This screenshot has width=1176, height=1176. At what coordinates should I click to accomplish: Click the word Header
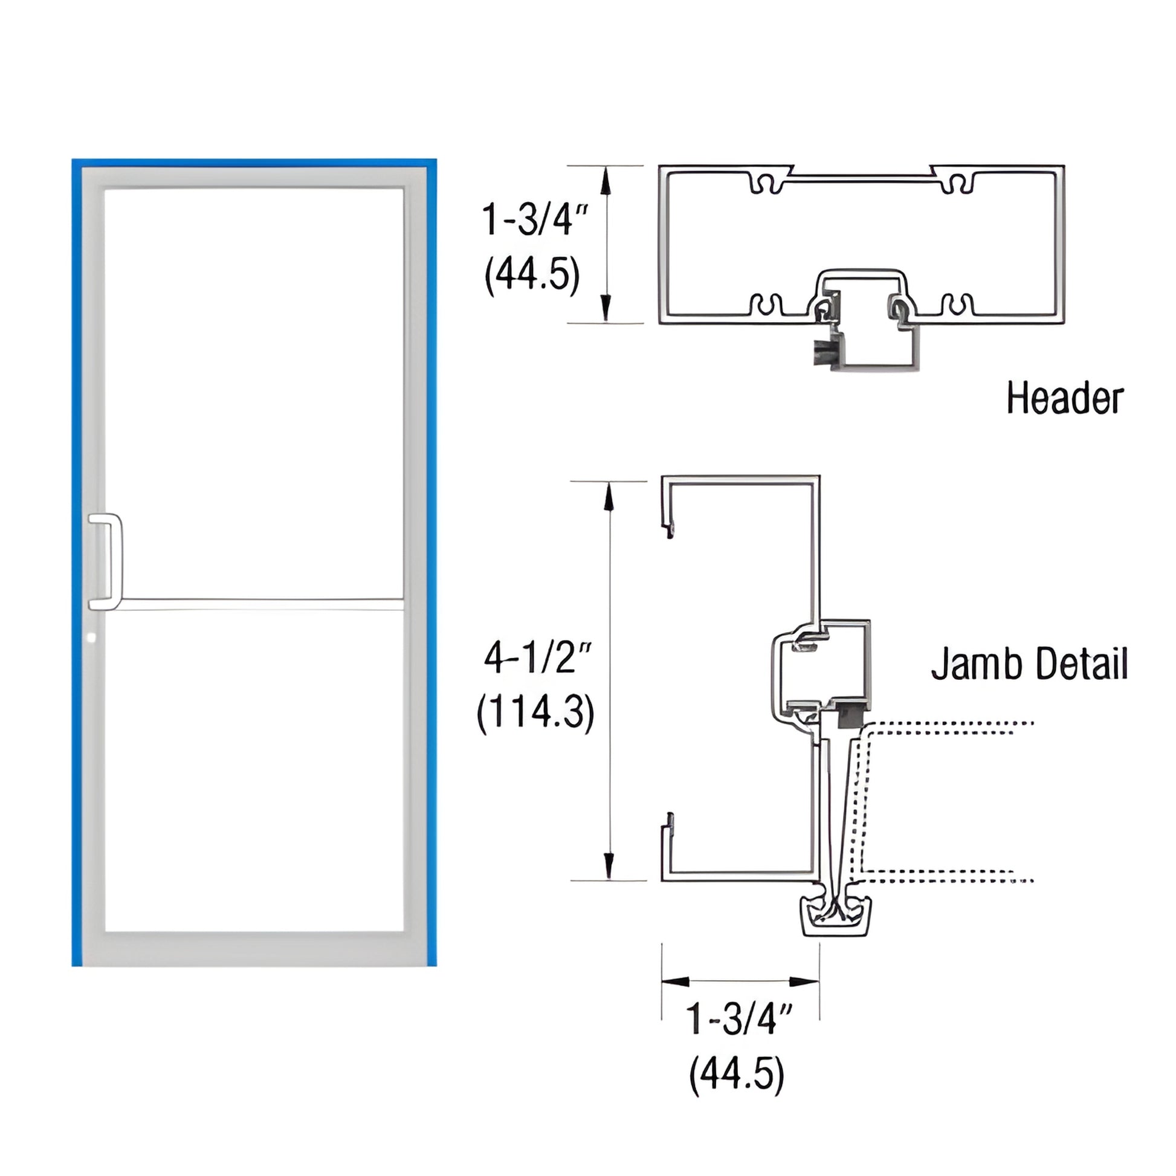click(1064, 399)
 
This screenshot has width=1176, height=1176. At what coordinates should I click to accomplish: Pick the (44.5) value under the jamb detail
click(737, 1074)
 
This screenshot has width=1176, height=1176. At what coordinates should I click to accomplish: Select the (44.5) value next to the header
click(532, 275)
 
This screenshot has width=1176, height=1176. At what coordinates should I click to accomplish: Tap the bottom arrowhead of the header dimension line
click(606, 308)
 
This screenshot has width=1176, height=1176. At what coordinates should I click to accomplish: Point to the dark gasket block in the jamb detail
click(849, 716)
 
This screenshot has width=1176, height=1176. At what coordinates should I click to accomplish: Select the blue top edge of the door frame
click(254, 163)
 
